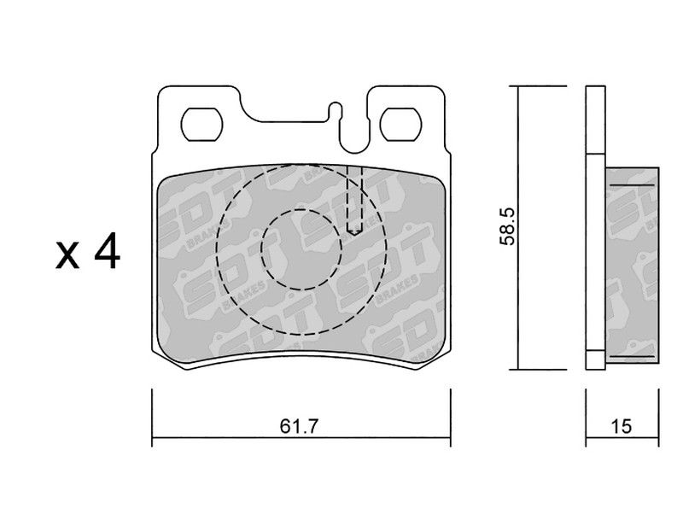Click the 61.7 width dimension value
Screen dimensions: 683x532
tap(300, 426)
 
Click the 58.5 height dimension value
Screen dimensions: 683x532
tap(508, 226)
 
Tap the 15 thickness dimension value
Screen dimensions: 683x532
tap(621, 426)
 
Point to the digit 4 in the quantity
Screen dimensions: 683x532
tap(106, 250)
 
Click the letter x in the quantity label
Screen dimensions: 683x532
tap(67, 256)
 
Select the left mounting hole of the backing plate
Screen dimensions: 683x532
tap(201, 124)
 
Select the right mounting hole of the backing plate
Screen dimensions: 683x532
tap(400, 124)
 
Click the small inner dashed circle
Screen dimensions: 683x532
tap(301, 249)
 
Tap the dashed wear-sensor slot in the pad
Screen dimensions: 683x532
tap(354, 200)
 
